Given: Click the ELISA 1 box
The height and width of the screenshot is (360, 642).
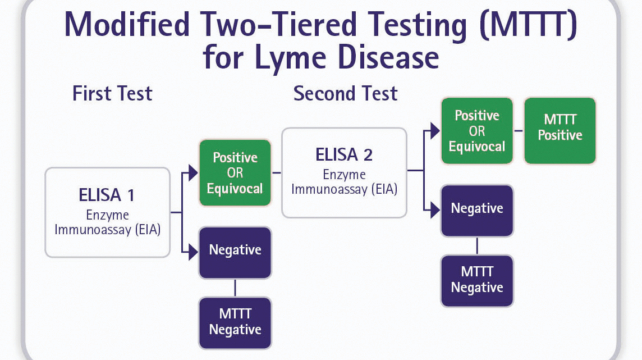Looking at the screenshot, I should [x=107, y=212].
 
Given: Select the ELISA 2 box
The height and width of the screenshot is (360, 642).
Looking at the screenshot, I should [x=344, y=172].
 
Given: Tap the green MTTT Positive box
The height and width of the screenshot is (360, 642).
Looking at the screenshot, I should [x=560, y=131].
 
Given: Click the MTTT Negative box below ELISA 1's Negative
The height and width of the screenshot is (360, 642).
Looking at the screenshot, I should [x=235, y=322].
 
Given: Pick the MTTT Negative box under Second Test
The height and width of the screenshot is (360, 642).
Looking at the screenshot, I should [x=477, y=280].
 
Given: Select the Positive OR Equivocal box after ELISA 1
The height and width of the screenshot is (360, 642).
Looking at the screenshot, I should [x=235, y=172].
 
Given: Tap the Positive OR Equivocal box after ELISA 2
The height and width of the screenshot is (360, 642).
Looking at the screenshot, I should [x=477, y=131].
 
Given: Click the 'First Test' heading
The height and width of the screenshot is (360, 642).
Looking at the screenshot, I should [x=112, y=93].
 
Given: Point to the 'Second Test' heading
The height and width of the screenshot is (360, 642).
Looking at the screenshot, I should [x=345, y=93].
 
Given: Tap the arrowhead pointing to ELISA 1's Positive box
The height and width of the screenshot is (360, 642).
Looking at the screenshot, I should [x=194, y=173].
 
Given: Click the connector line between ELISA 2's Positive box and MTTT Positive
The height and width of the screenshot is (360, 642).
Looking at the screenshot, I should [x=519, y=131].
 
